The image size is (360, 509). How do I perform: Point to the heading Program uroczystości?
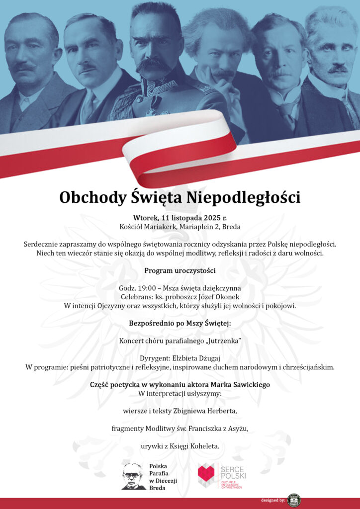point(180,270)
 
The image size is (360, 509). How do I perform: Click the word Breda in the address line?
point(231,227)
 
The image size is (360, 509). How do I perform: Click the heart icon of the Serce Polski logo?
point(206,474)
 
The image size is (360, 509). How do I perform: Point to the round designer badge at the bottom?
point(294,500)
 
